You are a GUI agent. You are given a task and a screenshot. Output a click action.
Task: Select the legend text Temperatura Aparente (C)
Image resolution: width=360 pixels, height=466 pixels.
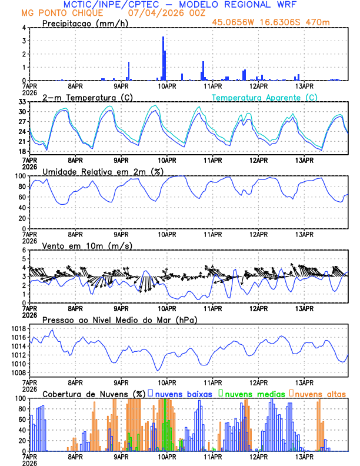[x=265, y=97]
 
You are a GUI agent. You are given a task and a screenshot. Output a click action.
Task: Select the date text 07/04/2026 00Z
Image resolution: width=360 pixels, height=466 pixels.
[x=159, y=12]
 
